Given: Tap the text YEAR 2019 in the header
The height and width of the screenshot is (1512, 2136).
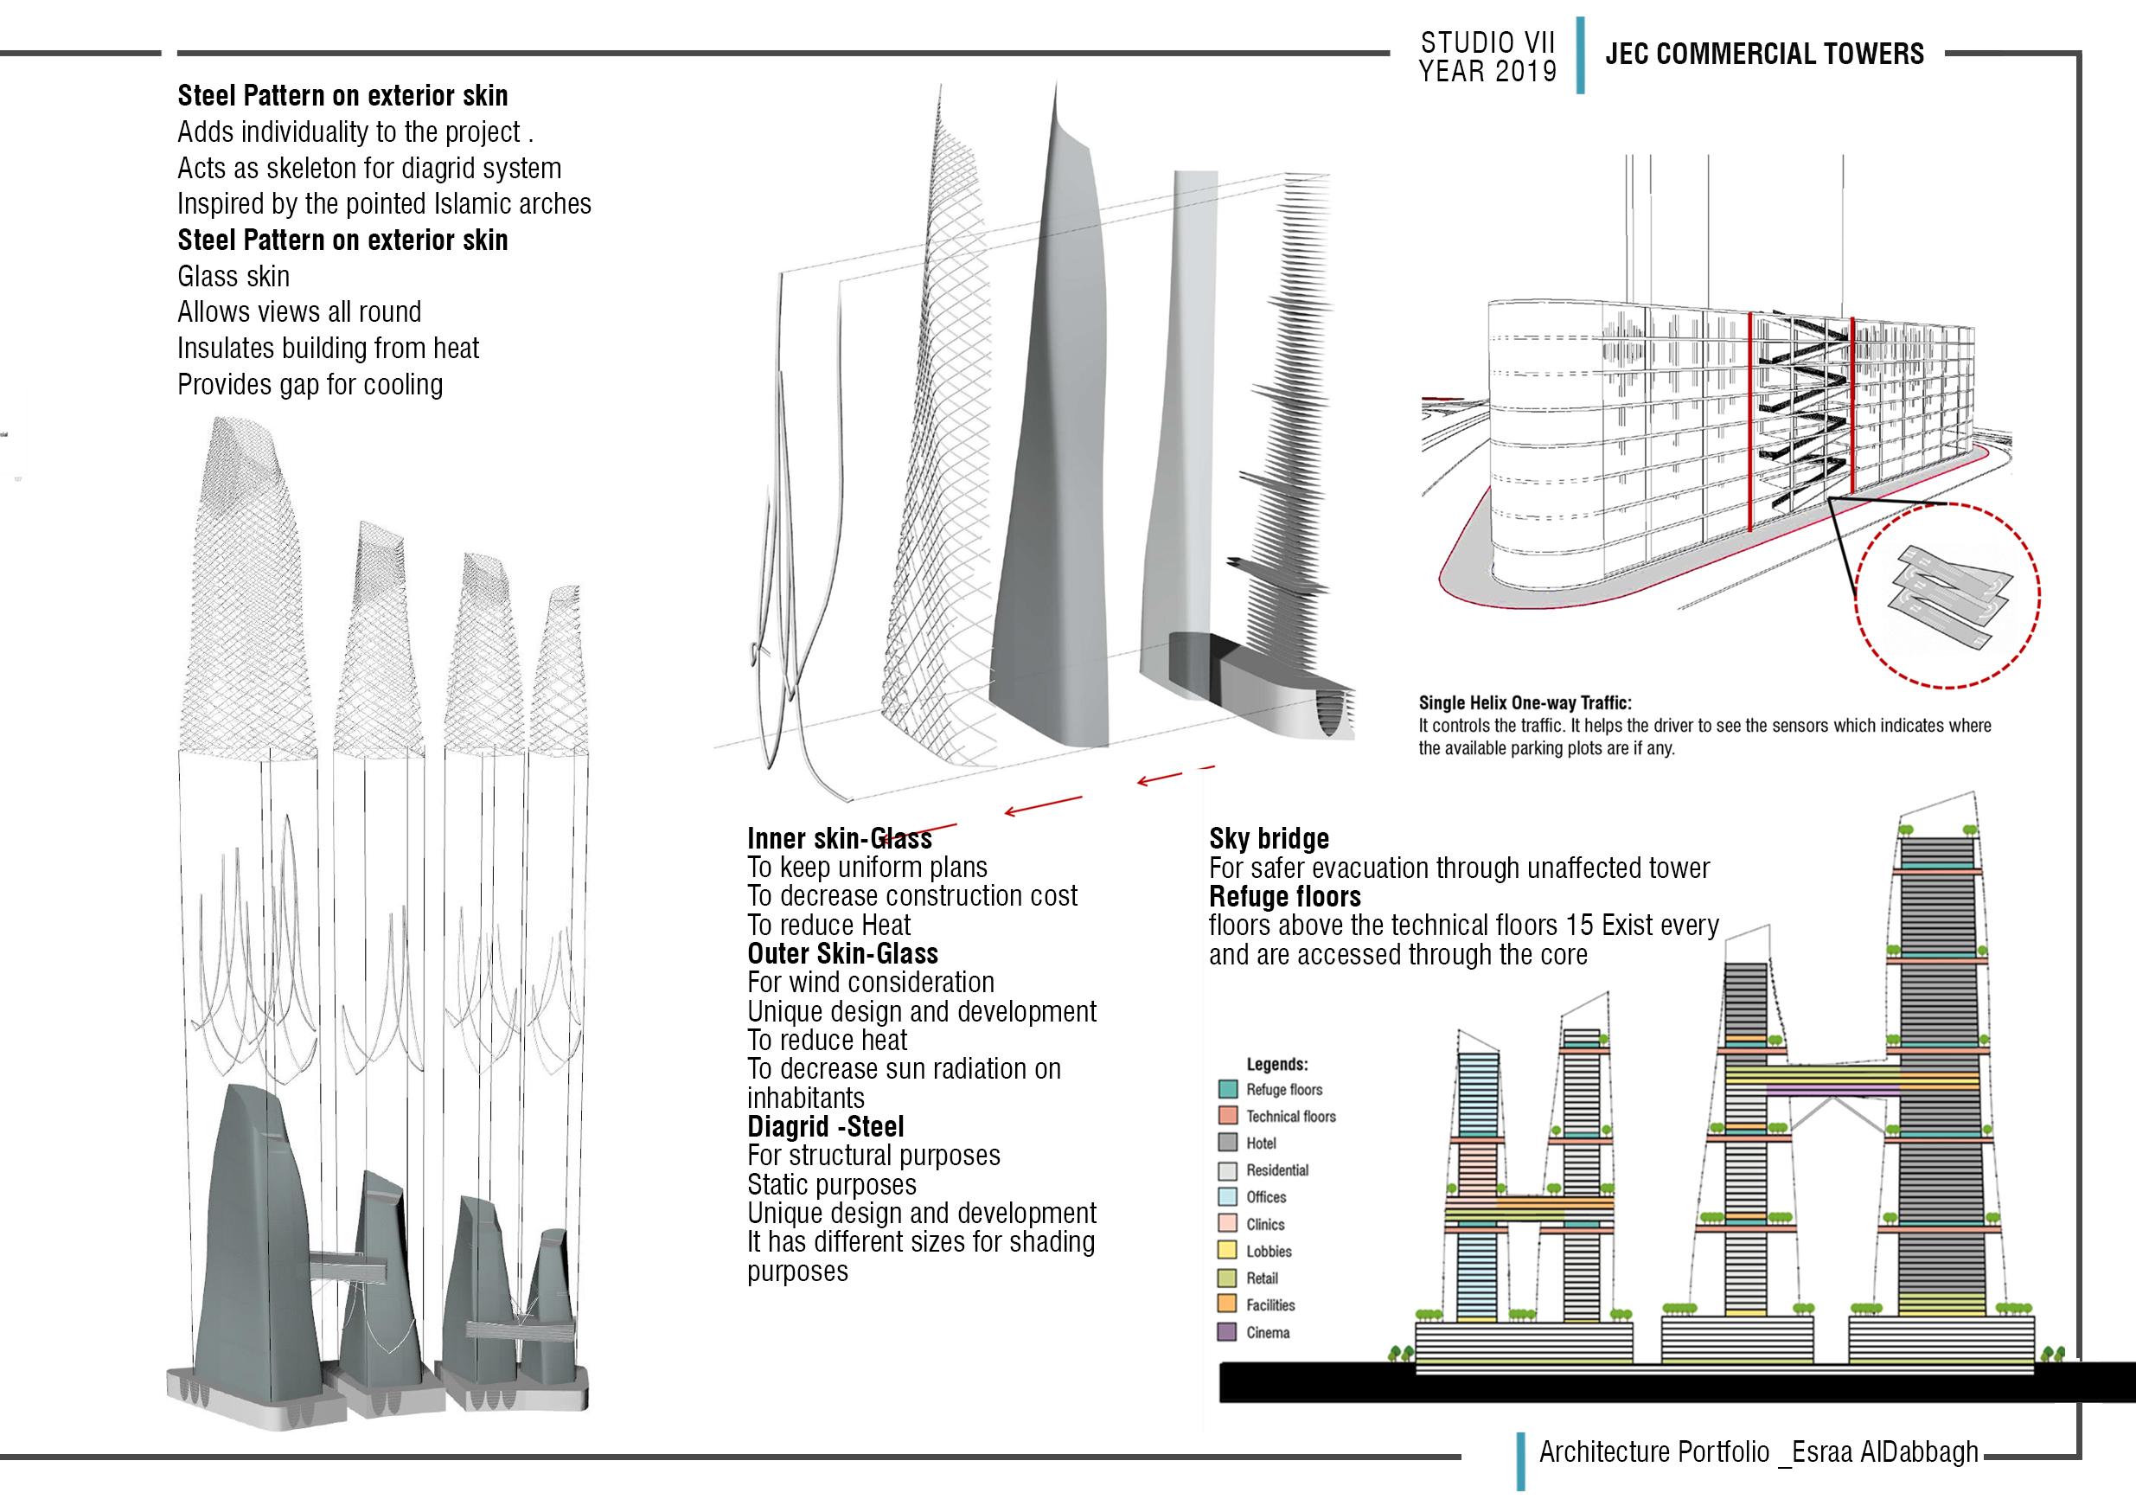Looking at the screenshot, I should (1487, 72).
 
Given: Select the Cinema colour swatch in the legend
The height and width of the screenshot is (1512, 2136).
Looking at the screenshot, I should (1227, 1332).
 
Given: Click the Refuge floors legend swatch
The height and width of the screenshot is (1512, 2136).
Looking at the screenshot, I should (1227, 1089).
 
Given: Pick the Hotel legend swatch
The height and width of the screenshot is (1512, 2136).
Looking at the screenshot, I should (1227, 1144).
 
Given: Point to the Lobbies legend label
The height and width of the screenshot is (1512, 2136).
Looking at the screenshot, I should (1269, 1252).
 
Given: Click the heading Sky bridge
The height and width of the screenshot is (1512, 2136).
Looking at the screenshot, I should (1269, 839).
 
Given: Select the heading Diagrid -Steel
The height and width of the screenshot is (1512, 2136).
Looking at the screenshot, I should (826, 1126).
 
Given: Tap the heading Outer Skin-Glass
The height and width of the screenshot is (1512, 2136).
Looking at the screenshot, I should (842, 953).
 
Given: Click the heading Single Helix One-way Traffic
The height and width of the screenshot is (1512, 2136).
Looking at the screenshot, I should (1525, 704).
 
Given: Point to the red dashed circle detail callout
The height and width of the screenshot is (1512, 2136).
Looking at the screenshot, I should (1947, 595).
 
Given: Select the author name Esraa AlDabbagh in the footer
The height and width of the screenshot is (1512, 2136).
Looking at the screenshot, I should (1883, 1452).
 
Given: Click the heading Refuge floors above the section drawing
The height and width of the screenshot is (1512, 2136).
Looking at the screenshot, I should (1284, 897).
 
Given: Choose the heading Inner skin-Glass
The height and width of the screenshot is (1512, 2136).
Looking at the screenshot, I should (839, 839).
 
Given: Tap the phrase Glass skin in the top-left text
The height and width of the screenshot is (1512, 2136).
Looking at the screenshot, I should (233, 277).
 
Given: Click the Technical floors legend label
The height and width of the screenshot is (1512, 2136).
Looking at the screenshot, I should (1290, 1117).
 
